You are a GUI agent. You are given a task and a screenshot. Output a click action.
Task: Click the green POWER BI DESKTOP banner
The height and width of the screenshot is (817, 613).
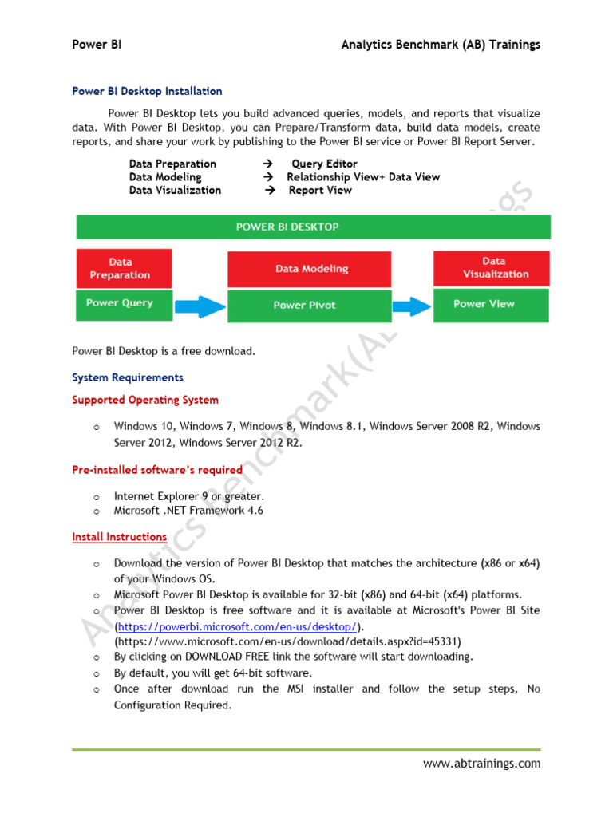tap(313, 227)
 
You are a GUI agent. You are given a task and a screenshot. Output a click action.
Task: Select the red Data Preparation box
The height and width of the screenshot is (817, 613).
tap(123, 268)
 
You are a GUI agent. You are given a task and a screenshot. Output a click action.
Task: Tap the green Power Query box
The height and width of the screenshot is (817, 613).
tap(123, 303)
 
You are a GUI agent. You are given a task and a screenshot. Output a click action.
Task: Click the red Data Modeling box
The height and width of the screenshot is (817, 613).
tap(310, 270)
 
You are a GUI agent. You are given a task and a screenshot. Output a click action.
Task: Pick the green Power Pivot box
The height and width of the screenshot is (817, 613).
tap(310, 305)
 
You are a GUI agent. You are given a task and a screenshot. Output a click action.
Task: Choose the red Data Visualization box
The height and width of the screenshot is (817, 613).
tap(492, 267)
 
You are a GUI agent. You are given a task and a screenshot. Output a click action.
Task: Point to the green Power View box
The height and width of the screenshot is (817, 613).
tap(492, 304)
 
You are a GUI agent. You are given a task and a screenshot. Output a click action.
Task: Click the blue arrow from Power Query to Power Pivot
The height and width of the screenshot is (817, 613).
tap(200, 305)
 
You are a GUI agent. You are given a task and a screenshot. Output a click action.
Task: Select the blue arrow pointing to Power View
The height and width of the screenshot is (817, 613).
tap(412, 305)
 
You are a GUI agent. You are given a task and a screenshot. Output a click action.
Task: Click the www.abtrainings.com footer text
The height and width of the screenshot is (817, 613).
tap(481, 764)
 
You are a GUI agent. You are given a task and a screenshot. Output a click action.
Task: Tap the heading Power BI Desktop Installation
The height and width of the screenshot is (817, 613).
tap(147, 92)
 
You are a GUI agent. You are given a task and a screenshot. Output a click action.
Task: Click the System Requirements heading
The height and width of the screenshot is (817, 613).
tap(128, 377)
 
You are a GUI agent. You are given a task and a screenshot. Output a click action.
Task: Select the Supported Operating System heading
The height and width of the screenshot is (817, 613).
tap(145, 400)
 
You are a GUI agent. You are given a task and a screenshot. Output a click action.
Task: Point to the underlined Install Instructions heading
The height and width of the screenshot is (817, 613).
tap(120, 537)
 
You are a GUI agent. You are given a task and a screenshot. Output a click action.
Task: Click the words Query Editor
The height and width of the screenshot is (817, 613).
tap(324, 164)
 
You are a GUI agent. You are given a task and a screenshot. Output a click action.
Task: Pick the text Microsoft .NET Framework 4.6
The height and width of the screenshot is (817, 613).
tap(188, 511)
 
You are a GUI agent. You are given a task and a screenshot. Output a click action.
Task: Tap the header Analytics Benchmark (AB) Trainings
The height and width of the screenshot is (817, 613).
tap(441, 45)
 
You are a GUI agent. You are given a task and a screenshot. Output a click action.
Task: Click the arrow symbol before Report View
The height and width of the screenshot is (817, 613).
tap(270, 191)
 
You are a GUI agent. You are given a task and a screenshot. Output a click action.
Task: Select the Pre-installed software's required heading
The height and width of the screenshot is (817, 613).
tap(157, 470)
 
